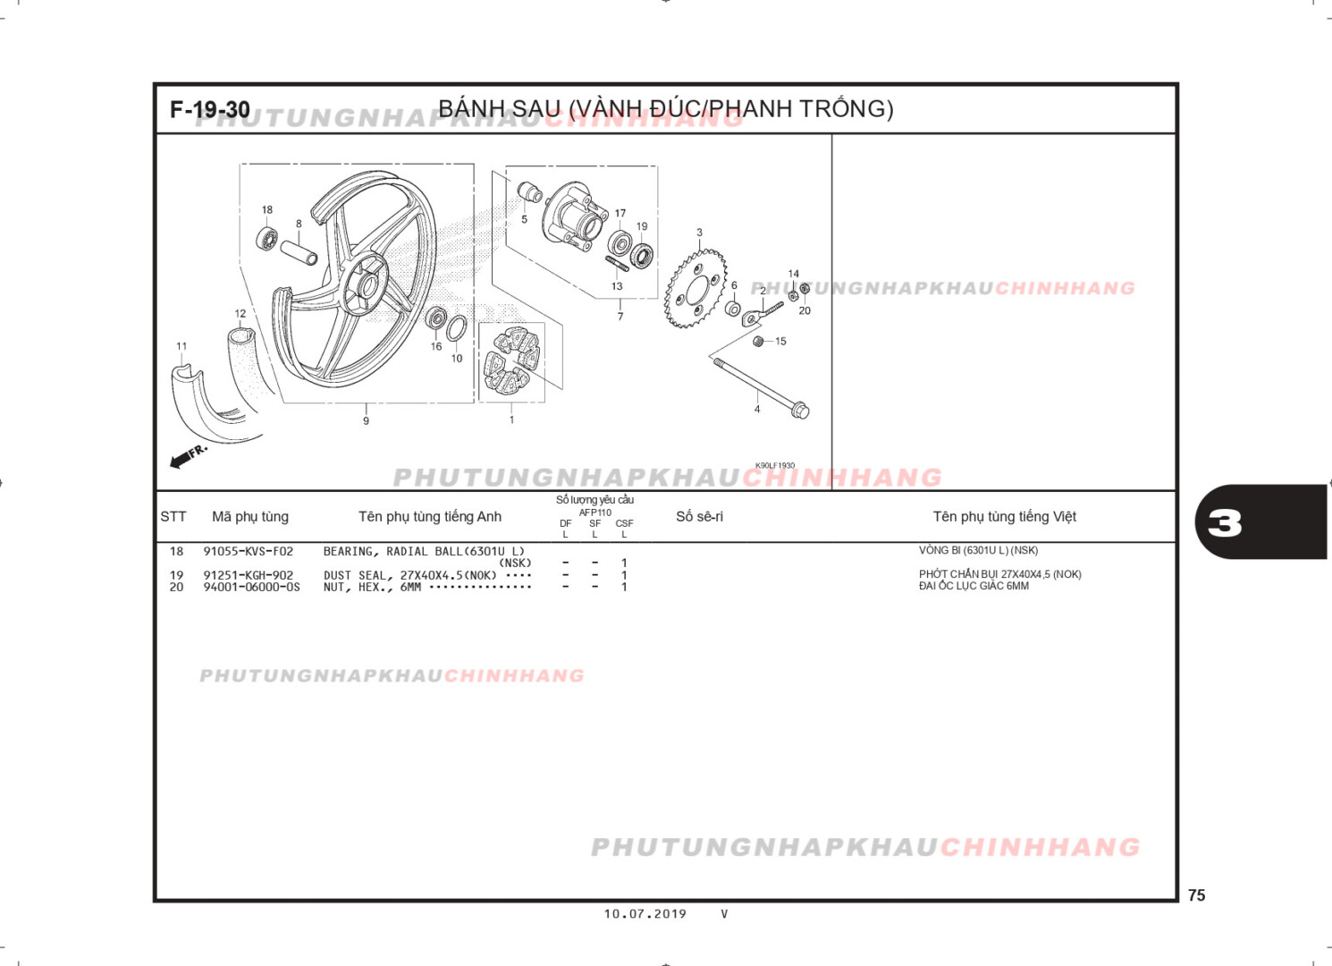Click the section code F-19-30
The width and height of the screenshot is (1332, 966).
coord(210,110)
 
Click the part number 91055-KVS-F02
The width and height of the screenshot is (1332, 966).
coord(248,552)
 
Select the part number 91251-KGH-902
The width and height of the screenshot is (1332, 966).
coord(248,576)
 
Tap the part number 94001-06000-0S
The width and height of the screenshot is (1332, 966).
coord(251,588)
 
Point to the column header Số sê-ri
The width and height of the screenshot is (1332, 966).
coord(699,517)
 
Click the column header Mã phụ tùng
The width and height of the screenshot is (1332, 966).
coord(250,517)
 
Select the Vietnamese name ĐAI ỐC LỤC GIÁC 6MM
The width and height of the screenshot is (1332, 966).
coord(974,587)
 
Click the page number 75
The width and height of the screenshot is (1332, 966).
coord(1196,895)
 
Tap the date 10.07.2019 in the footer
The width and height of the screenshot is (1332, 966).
coord(645,914)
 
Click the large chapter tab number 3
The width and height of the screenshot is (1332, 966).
coord(1225,523)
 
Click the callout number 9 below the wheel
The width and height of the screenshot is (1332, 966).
coord(366,421)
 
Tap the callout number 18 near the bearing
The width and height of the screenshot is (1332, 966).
coord(267,210)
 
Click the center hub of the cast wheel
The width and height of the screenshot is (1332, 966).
coord(367,286)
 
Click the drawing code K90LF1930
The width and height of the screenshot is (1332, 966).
coord(774,466)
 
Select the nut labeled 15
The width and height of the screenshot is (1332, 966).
coord(759,342)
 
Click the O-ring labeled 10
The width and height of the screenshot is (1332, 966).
coord(456,328)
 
